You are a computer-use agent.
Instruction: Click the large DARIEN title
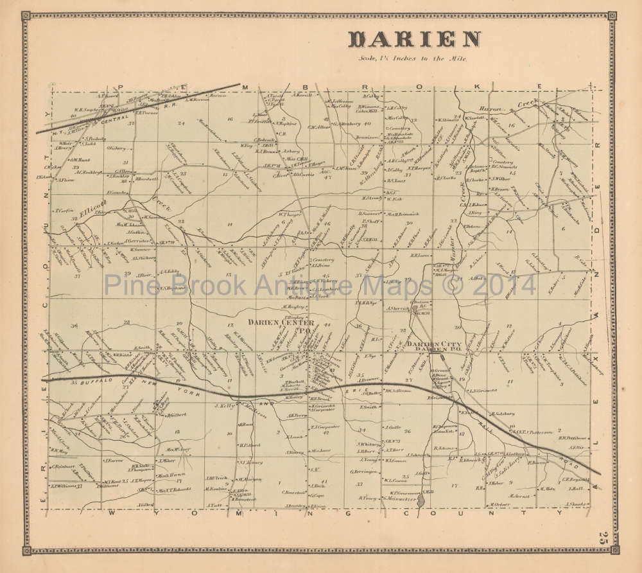(x=414, y=39)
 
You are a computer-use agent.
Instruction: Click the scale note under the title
(x=414, y=58)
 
